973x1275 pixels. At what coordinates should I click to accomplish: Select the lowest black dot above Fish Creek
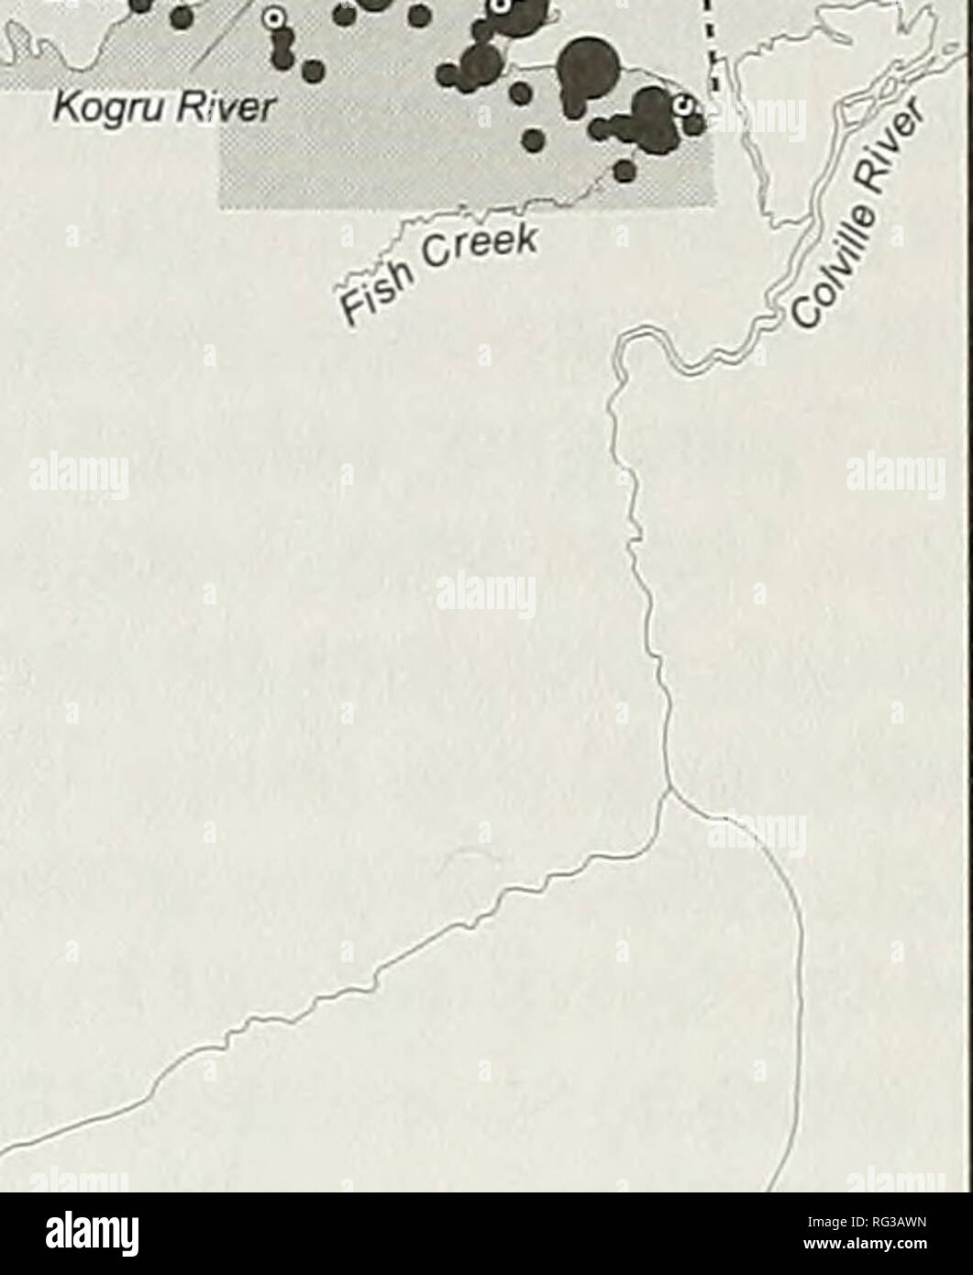pos(625,170)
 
